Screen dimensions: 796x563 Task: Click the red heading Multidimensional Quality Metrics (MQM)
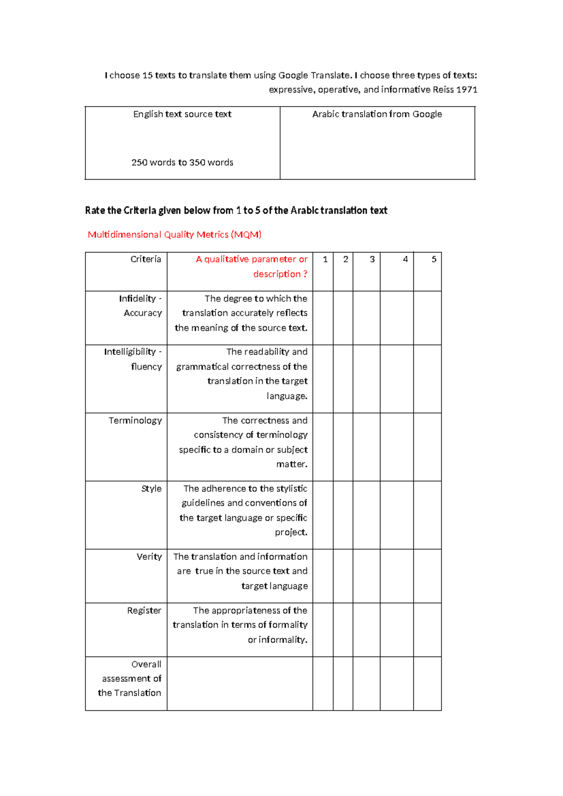pyautogui.click(x=175, y=235)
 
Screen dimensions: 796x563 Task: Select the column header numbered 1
pyautogui.click(x=325, y=259)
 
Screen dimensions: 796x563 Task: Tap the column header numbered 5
pyautogui.click(x=434, y=259)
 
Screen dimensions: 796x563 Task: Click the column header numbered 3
pyautogui.click(x=372, y=259)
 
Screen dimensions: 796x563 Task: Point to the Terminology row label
pyautogui.click(x=135, y=421)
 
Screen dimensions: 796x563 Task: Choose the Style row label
pyautogui.click(x=151, y=489)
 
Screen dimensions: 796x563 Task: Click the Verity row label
pyautogui.click(x=149, y=557)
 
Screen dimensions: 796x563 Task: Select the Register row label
pyautogui.click(x=144, y=611)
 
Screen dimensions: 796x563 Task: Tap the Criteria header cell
pyautogui.click(x=145, y=259)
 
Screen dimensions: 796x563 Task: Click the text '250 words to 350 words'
pyautogui.click(x=182, y=162)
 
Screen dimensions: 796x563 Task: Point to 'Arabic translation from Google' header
pyautogui.click(x=377, y=114)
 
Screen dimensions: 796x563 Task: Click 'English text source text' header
pyautogui.click(x=182, y=114)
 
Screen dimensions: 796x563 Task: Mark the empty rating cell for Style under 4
pyautogui.click(x=396, y=515)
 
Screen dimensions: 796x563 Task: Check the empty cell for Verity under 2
pyautogui.click(x=343, y=576)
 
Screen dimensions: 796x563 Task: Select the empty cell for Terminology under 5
pyautogui.click(x=427, y=447)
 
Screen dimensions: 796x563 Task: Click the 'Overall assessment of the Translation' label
pyautogui.click(x=129, y=679)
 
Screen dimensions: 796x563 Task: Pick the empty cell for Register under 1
pyautogui.click(x=323, y=630)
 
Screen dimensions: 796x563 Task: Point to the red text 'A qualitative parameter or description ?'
pyautogui.click(x=251, y=267)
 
